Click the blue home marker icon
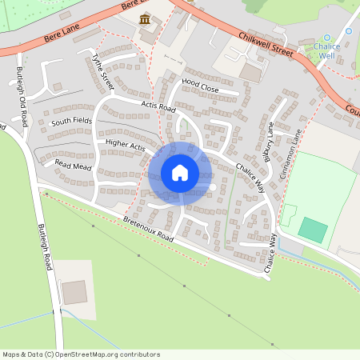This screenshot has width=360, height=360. point(180,173)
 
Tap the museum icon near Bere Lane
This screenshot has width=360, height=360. point(146,18)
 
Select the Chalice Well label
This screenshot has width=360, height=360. point(326,51)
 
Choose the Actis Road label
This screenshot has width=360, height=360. point(158,106)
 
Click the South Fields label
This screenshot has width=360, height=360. point(72,122)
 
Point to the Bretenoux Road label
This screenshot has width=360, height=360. point(148,229)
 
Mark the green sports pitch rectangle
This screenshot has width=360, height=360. point(313,230)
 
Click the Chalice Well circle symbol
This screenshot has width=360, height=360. point(326,38)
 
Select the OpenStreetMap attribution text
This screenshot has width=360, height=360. point(80,354)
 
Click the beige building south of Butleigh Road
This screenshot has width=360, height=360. point(74,292)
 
